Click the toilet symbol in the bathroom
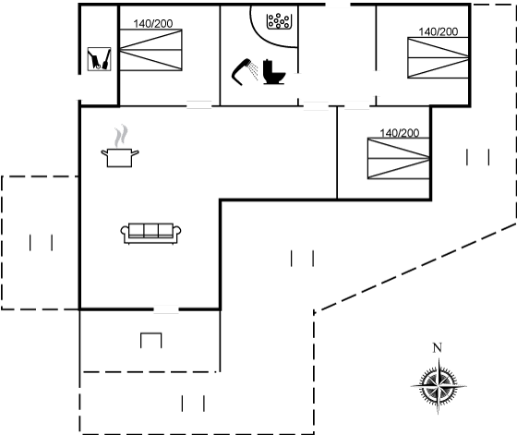274,72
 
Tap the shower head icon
245,72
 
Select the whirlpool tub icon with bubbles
279,21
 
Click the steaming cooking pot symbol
120,146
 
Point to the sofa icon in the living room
150,234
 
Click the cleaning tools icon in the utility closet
100,59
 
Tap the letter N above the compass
438,347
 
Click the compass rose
439,385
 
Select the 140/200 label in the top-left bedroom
153,24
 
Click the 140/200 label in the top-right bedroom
439,31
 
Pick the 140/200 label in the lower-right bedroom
399,133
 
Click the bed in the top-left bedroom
151,50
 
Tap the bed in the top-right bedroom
439,57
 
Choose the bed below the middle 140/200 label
398,158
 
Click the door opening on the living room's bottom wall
166,309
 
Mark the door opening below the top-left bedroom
199,105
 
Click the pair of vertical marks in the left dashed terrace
41,242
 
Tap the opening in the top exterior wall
338,5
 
